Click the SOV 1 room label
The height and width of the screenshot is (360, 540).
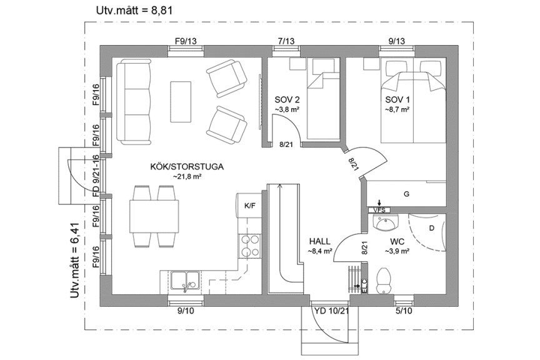397,100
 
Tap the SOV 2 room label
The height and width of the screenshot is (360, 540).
287,100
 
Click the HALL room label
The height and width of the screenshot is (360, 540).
319,241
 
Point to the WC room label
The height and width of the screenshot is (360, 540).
398,241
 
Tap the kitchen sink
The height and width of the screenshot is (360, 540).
185,281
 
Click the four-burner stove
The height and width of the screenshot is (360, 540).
249,246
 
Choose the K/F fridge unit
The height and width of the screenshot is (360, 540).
249,205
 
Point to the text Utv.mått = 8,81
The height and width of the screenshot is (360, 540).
134,11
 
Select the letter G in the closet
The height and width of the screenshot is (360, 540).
406,194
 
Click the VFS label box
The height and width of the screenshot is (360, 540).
379,209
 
